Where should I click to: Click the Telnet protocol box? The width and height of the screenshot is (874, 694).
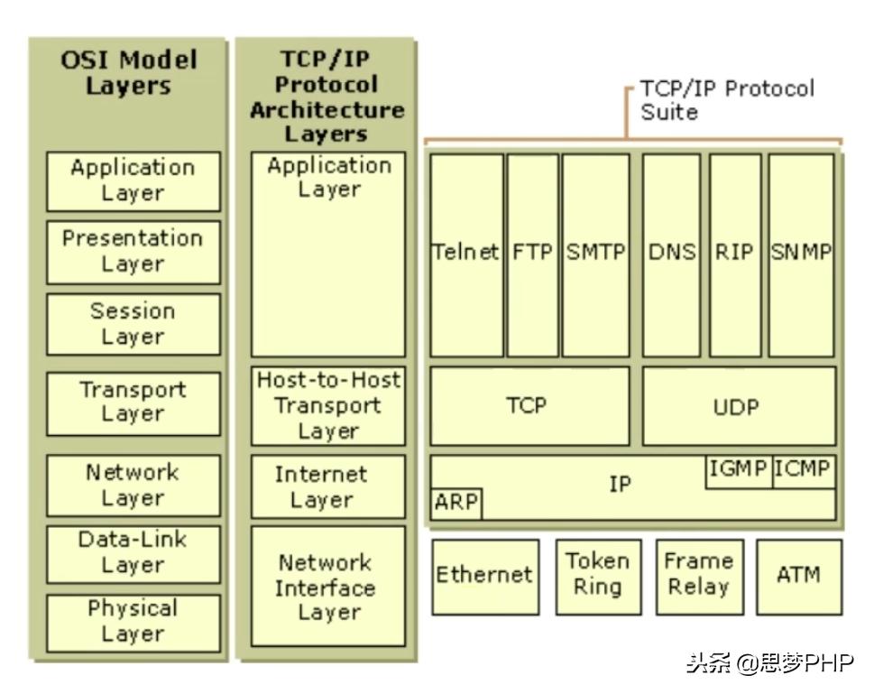466,254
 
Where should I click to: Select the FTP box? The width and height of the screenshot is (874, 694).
532,254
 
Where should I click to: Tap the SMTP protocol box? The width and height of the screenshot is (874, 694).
595,254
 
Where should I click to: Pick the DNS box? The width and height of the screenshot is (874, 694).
672,254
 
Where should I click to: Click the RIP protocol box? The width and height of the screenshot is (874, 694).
734,254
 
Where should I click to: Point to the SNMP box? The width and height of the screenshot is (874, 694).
801,254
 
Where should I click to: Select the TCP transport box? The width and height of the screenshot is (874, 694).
529,406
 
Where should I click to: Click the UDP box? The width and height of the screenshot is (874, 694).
738,406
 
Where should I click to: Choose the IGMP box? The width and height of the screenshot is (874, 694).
738,470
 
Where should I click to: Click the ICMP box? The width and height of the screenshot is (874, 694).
803,470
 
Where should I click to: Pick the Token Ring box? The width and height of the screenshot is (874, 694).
597,575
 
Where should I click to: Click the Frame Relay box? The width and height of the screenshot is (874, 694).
697,575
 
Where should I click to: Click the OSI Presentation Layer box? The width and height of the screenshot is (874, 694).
133,252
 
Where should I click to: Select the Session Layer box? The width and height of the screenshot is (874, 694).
133,323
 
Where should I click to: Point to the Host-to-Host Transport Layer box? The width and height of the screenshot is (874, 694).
328,405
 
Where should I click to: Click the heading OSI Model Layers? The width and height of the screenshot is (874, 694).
128,74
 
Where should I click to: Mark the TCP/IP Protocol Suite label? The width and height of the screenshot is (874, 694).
727,100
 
